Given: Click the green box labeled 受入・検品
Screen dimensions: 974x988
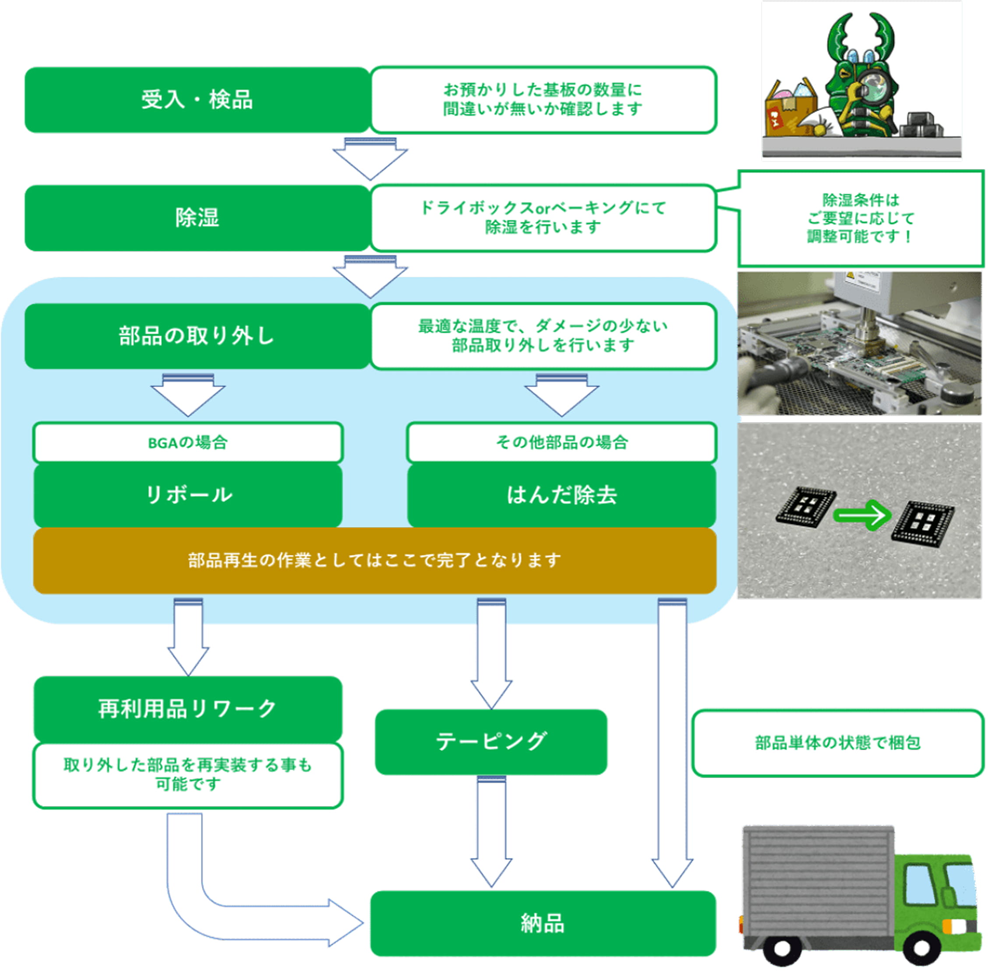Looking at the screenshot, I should click(197, 100).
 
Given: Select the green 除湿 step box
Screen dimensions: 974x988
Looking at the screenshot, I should click(197, 218).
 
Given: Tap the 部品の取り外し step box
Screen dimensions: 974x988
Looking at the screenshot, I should click(197, 336).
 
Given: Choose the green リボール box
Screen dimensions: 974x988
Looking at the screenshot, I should click(188, 495).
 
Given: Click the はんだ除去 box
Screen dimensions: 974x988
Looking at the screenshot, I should click(561, 495).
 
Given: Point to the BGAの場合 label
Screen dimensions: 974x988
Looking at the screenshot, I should click(188, 442).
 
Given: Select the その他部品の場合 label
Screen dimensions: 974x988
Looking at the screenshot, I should click(561, 442).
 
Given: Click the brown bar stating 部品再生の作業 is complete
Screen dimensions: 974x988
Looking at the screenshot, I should click(374, 561).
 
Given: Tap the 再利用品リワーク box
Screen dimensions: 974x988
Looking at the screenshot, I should click(188, 709).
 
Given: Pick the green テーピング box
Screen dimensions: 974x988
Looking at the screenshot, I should click(491, 741).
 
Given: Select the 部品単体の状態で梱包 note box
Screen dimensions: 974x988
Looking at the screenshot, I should click(837, 742).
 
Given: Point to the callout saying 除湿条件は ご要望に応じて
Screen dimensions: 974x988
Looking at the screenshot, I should click(861, 219).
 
